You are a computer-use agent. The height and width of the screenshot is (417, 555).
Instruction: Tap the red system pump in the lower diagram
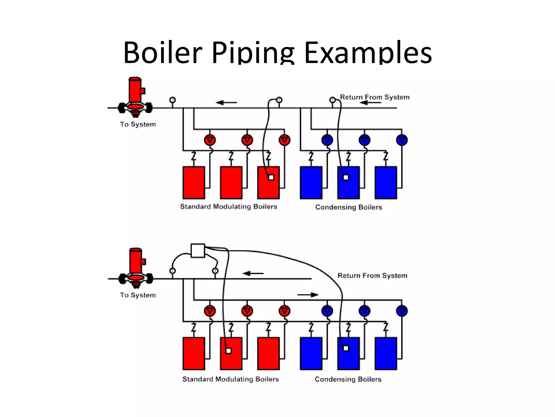point(136,267)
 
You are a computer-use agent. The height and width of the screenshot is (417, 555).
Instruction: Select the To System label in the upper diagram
point(138,124)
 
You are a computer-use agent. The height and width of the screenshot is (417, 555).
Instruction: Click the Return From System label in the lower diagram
point(372,276)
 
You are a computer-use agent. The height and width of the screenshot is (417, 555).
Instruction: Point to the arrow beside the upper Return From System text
point(370,103)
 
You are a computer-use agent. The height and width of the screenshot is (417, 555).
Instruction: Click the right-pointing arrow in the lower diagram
point(308,295)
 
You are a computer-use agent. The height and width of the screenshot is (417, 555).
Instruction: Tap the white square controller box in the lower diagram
point(198,251)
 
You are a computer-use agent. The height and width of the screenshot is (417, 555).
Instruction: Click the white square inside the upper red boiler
point(271,177)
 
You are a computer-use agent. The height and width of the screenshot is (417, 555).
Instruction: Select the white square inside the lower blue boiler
point(346,348)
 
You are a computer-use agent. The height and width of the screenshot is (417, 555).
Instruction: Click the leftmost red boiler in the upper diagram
point(194,183)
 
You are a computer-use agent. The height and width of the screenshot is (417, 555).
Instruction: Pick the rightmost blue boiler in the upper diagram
point(386,183)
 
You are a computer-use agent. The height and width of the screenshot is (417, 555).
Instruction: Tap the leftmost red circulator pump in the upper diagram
point(210,140)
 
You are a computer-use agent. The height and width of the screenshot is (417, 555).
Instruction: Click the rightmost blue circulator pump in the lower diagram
point(402,311)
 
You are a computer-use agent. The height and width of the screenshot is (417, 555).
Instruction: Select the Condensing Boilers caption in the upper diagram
point(349,207)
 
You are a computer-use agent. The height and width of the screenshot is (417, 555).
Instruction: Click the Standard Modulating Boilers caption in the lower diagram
point(231,379)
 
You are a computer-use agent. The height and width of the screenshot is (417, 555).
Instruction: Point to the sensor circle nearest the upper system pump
point(173,100)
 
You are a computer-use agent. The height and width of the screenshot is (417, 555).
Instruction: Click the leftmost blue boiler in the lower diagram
point(311,353)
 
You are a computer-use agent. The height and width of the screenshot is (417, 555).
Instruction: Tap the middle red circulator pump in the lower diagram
point(247,311)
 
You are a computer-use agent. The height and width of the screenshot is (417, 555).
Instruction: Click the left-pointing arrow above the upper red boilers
point(226,103)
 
